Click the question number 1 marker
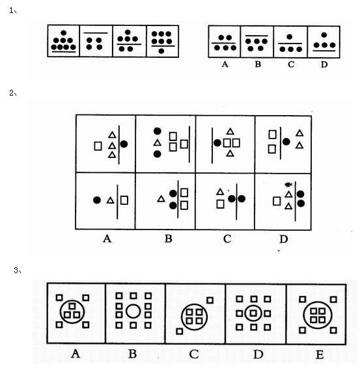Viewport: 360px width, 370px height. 13,10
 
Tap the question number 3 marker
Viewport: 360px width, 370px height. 17,271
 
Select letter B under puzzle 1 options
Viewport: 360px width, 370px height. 258,64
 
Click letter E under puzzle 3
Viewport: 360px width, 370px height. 320,354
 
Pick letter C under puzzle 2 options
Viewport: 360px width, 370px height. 227,239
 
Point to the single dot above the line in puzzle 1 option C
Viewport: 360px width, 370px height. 290,37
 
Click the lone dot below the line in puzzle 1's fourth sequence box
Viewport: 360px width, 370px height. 161,51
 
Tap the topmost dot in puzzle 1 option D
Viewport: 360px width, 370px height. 324,35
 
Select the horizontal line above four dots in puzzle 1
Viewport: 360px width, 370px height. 96,33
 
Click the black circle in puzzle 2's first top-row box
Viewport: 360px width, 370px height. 124,144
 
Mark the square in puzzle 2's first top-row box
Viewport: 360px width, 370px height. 98,146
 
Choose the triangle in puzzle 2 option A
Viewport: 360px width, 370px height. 110,200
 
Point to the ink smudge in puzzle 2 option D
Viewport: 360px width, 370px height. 288,185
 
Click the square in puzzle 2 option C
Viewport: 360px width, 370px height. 221,204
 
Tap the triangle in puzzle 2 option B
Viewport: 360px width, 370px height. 161,199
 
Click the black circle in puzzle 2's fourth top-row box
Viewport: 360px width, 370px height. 286,142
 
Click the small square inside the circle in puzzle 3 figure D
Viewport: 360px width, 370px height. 253,313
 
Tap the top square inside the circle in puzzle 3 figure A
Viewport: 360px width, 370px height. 72,306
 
